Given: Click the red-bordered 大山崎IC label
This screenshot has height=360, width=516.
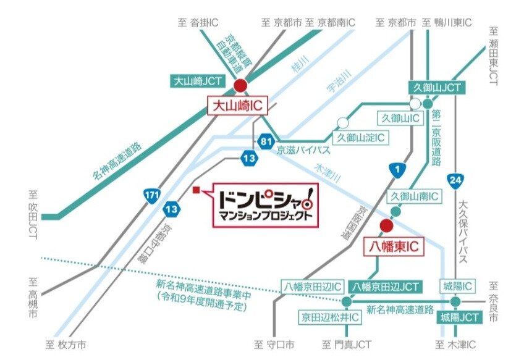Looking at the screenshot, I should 237,106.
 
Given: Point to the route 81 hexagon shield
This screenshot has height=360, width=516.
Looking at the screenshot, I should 266,142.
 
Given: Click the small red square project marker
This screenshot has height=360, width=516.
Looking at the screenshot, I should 196,190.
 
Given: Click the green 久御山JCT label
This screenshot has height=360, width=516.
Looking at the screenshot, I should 436,88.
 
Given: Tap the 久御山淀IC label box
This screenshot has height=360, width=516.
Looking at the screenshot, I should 361,137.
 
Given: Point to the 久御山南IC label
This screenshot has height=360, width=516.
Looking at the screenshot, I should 414,196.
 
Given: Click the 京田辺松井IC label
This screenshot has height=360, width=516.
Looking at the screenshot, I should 330,317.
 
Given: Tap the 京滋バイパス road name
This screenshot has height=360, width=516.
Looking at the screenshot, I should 303,150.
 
